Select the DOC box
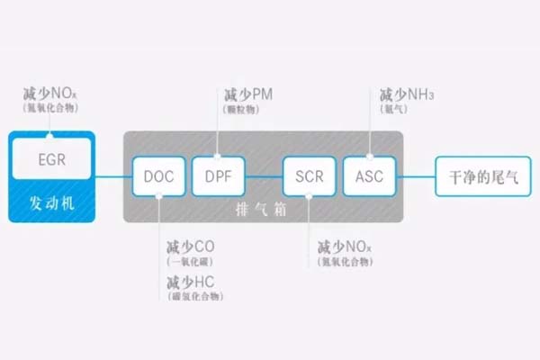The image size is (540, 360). (158, 175)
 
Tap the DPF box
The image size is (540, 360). (212, 175)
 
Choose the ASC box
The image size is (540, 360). (364, 175)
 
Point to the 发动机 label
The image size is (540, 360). (51, 203)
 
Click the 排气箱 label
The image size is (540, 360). (262, 209)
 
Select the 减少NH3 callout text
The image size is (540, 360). (401, 94)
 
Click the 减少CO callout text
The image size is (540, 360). (190, 247)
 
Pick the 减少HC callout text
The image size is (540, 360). (190, 283)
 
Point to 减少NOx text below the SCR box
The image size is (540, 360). (344, 247)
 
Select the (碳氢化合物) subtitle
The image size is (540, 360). (195, 297)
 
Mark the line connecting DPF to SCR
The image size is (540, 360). (258, 175)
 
